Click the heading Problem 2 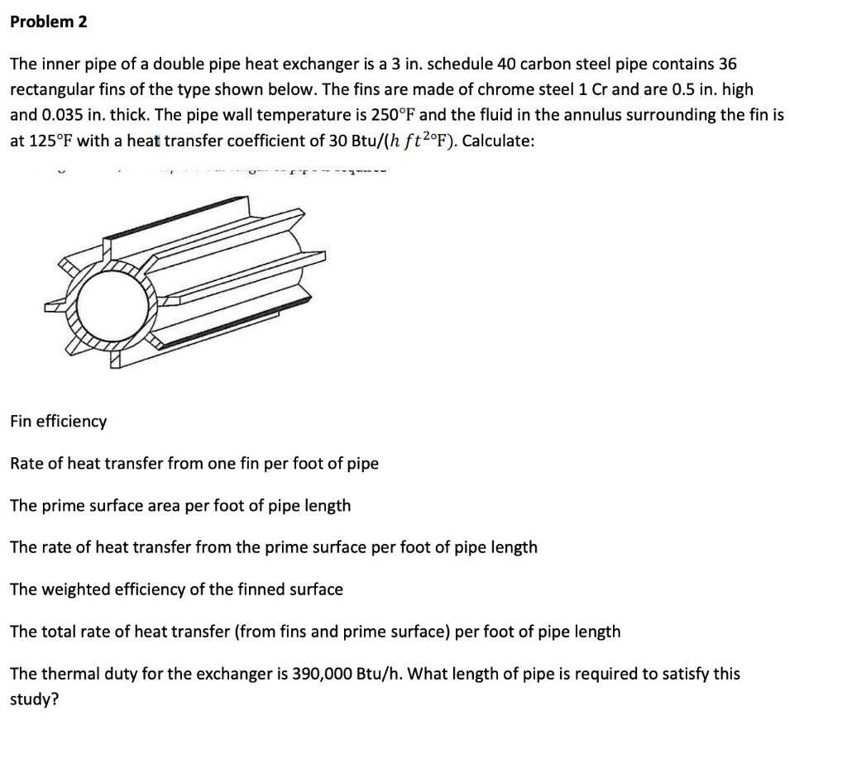pos(48,22)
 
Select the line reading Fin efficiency pos(58,422)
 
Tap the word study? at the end pos(34,699)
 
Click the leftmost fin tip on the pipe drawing pos(54,307)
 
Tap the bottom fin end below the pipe pos(116,360)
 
